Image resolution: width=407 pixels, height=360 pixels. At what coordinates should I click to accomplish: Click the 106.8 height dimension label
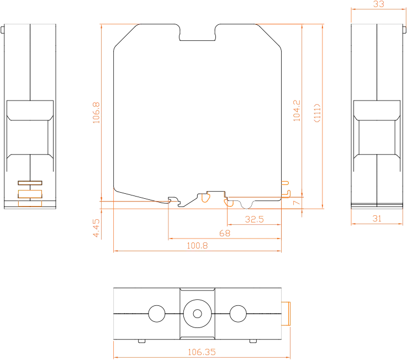click(96, 113)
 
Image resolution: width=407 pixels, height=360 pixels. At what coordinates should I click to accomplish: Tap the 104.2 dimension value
click(297, 111)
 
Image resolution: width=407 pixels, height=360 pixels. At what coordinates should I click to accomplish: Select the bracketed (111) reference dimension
click(317, 113)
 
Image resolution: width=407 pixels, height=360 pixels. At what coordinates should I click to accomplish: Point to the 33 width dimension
click(378, 4)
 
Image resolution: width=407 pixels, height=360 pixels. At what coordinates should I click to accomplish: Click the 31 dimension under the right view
click(377, 219)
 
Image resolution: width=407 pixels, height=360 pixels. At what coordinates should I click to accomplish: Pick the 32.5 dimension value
click(255, 219)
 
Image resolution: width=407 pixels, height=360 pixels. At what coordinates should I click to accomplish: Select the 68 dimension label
click(225, 233)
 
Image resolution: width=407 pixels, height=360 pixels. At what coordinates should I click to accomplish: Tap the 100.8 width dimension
click(197, 246)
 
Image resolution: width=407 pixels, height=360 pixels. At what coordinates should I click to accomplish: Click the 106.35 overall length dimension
click(202, 352)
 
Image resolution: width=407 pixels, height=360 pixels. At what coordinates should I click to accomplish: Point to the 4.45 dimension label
click(96, 228)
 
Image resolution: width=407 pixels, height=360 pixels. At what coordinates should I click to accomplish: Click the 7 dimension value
click(297, 203)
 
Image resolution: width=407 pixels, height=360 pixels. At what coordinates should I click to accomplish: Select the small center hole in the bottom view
click(198, 314)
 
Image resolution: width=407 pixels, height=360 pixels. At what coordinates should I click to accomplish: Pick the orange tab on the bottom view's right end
click(286, 314)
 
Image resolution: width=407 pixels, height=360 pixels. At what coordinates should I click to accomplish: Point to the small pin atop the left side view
click(2, 30)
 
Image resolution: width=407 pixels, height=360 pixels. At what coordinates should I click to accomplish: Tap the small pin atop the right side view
click(404, 30)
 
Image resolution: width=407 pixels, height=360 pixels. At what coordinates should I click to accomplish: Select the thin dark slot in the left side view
click(30, 183)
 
